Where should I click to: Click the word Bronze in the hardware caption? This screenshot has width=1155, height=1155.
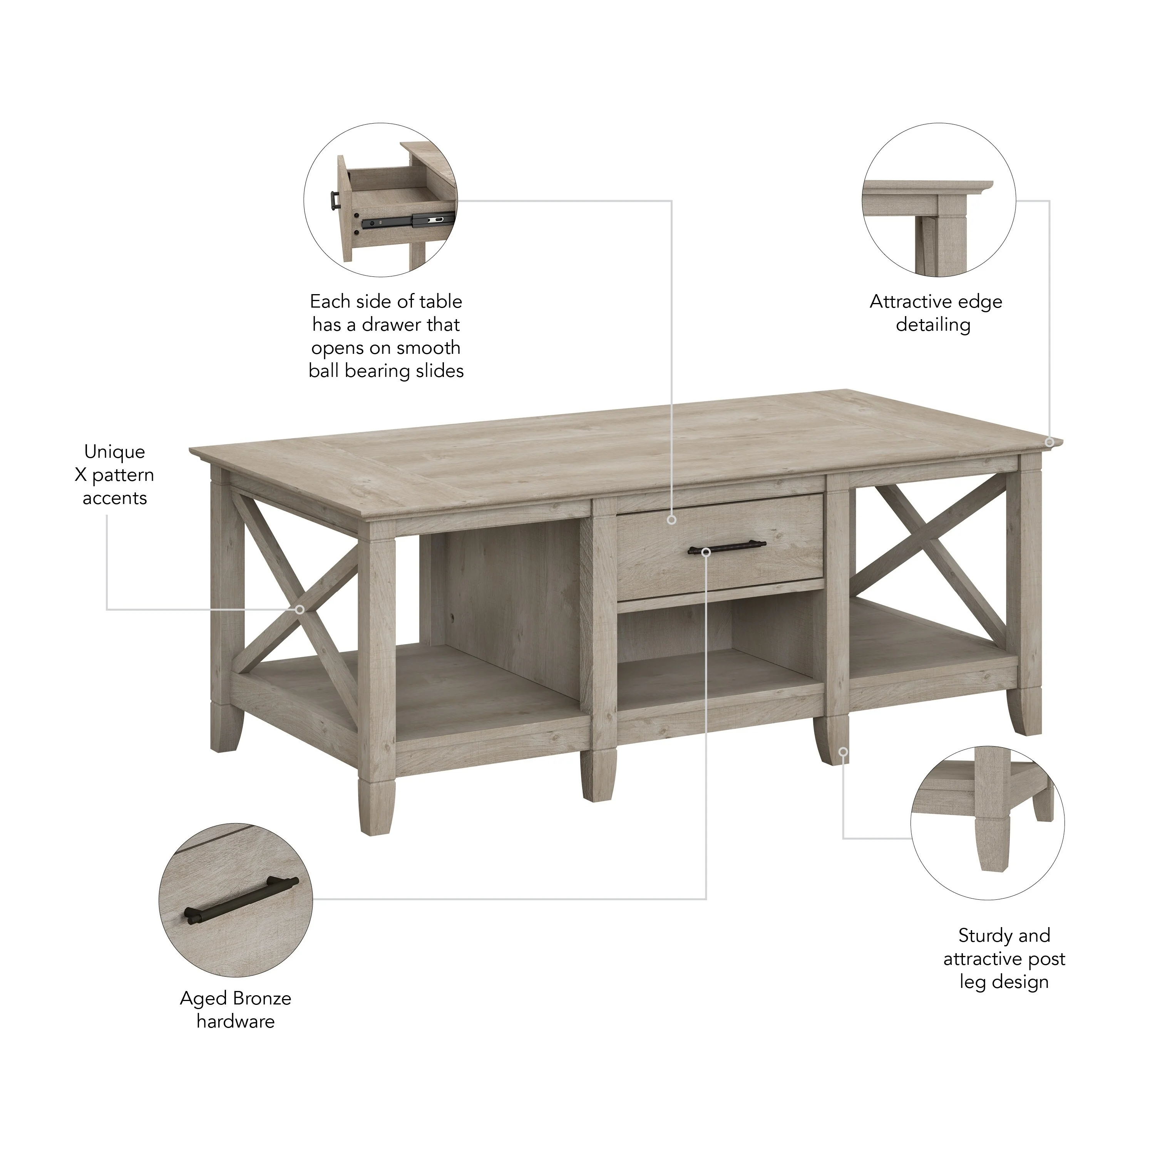click(262, 998)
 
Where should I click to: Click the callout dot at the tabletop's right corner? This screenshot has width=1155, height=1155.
click(1049, 442)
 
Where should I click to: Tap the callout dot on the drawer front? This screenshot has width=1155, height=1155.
click(671, 520)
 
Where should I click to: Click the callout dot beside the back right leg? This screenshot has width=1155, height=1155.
click(843, 752)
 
